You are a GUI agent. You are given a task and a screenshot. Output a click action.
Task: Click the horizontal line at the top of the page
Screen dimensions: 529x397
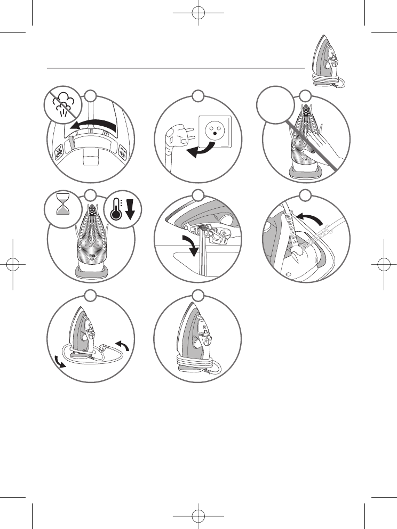point(176,68)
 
